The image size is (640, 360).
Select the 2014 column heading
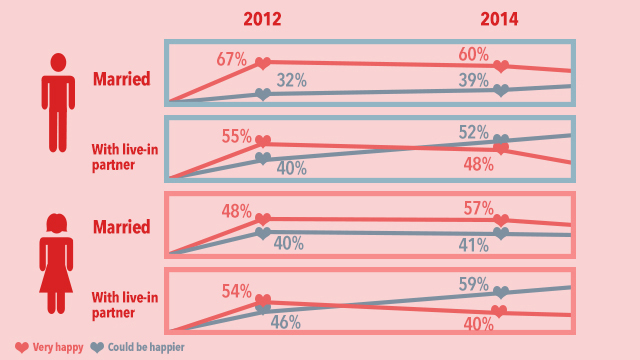[500, 18]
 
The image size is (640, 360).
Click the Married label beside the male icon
[121, 79]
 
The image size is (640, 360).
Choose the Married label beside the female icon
[121, 227]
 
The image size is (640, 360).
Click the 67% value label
[231, 58]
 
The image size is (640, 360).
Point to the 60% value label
[474, 53]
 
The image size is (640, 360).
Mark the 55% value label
[236, 136]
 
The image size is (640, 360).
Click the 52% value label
[474, 131]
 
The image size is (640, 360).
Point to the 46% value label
[287, 322]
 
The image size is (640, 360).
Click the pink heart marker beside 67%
[262, 63]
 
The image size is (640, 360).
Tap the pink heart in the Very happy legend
[21, 347]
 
